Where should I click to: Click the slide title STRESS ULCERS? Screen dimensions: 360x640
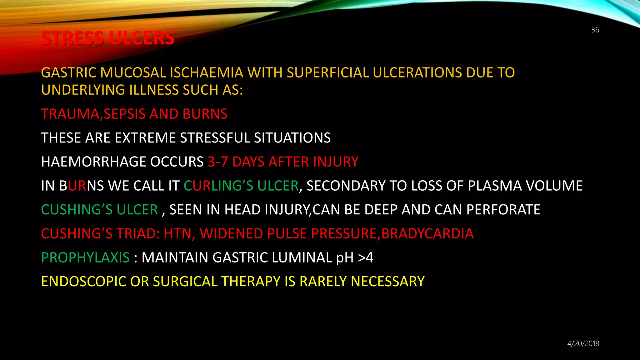click(107, 38)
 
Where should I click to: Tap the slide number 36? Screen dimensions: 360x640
click(595, 30)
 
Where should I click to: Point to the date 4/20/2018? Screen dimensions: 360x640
click(583, 343)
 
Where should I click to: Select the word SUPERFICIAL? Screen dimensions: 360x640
click(327, 73)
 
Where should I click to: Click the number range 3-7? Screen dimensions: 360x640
click(218, 162)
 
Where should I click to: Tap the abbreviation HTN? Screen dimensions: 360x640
click(177, 234)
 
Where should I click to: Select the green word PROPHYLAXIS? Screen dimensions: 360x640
click(85, 258)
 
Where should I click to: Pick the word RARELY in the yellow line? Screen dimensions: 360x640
click(323, 282)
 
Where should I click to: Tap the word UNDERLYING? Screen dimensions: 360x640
click(83, 90)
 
